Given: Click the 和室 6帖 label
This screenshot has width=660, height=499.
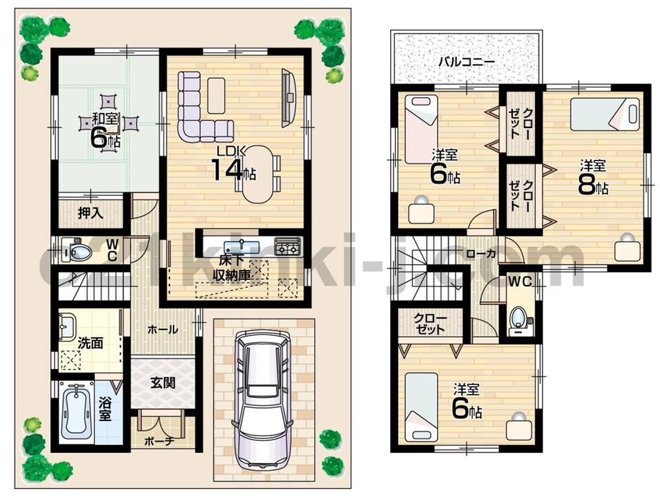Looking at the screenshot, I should [x=105, y=130].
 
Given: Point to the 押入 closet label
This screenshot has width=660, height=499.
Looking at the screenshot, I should [x=90, y=213].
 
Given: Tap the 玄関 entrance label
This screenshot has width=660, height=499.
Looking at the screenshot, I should [x=162, y=382].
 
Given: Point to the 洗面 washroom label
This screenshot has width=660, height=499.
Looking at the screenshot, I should [x=90, y=343].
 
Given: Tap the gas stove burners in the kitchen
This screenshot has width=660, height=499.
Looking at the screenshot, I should [x=287, y=248].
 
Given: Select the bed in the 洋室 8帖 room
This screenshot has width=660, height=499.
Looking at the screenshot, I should [x=605, y=114].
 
